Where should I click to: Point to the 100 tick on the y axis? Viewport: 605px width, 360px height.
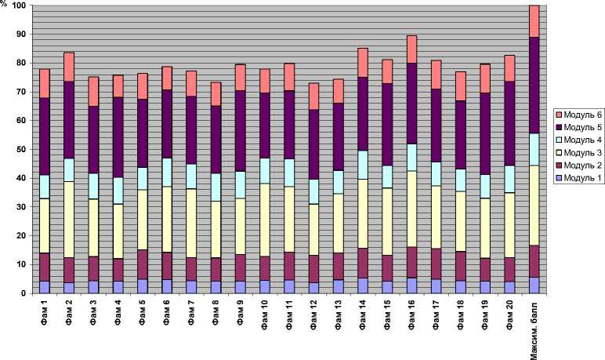(18, 5)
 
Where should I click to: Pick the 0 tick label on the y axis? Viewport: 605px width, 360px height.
(23, 293)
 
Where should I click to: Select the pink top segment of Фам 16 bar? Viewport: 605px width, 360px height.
(412, 49)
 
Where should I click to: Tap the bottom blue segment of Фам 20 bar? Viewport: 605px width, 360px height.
(510, 286)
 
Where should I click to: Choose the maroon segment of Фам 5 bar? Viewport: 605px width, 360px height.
(143, 264)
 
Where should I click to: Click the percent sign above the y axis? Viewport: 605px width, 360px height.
(4, 4)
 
